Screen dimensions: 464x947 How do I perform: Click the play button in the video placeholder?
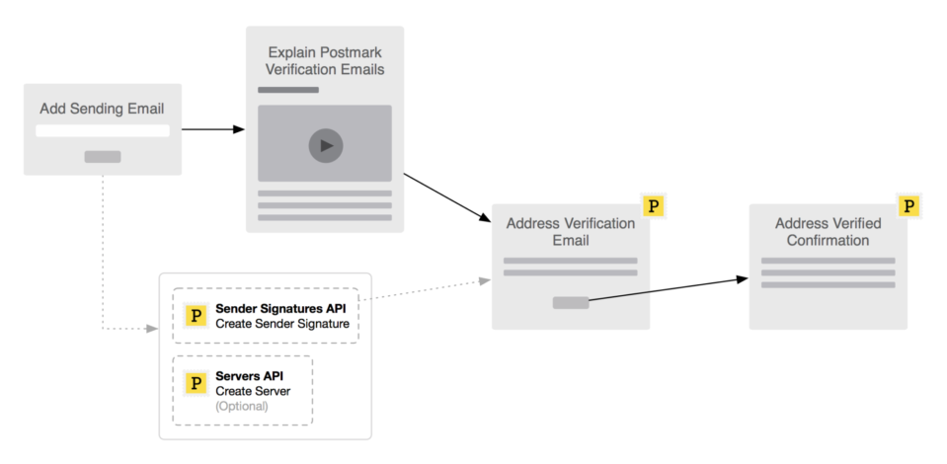325,146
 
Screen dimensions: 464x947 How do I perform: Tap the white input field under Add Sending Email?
103,130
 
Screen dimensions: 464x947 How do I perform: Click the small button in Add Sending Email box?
103,156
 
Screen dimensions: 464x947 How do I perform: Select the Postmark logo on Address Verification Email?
653,206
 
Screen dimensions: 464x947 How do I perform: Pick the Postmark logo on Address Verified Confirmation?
909,206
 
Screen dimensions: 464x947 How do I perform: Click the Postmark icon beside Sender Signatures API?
197,316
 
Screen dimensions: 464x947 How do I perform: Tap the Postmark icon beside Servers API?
197,382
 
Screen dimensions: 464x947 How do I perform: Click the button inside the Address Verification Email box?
571,302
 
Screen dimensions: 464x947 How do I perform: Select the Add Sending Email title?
102,108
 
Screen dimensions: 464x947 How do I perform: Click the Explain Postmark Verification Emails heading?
325,60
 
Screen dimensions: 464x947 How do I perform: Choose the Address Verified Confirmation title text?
828,232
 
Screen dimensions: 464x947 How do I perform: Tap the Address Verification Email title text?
571,232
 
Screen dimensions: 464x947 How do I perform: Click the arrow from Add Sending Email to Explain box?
213,129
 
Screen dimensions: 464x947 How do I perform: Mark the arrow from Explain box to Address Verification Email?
449,197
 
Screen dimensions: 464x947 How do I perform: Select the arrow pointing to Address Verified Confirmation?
671,288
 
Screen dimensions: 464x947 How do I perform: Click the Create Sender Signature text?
269,324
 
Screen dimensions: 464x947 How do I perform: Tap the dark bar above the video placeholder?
288,90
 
